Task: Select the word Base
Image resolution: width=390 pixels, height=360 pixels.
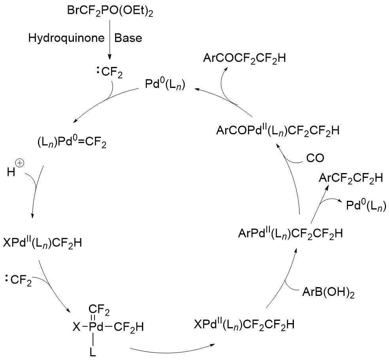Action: tap(128, 38)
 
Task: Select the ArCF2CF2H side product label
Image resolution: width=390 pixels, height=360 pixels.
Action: tap(350, 179)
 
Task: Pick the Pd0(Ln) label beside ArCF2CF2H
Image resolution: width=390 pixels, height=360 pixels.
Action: tap(364, 206)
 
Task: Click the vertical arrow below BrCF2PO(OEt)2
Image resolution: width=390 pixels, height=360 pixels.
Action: tap(110, 44)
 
